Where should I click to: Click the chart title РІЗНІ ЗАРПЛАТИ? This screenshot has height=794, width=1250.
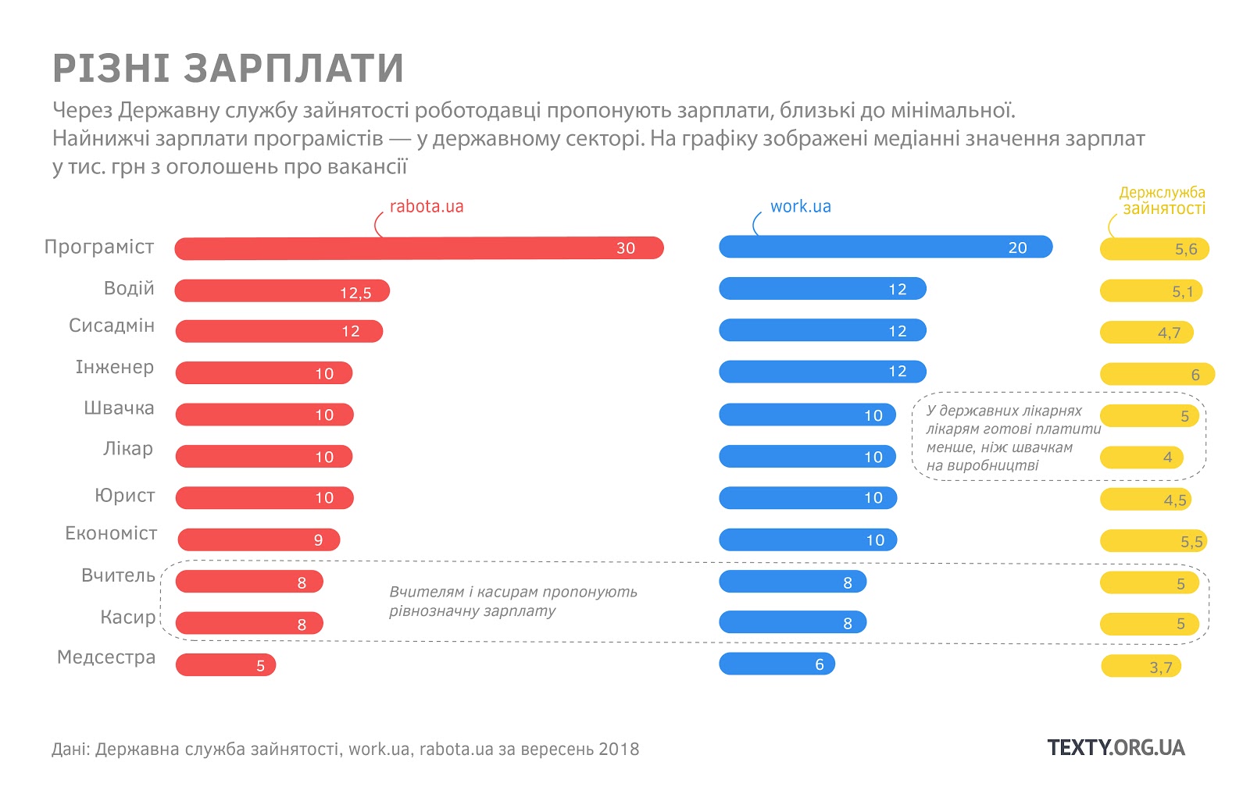point(227,69)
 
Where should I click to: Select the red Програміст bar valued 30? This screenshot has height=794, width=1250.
point(419,248)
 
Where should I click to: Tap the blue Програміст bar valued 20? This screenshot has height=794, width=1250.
point(885,247)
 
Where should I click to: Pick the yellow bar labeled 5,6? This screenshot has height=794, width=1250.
point(1154,249)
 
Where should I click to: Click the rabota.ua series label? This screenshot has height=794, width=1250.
point(426,207)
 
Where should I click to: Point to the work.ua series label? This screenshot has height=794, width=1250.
point(800,207)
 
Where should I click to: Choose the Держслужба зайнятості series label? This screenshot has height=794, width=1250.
point(1162,201)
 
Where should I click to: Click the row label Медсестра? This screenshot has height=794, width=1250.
point(106,657)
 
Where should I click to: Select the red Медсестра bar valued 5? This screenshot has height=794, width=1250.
point(226,665)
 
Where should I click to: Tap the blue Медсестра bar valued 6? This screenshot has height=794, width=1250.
point(777,664)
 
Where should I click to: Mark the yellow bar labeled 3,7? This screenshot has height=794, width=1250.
point(1141,667)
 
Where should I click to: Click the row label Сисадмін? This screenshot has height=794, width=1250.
point(112,326)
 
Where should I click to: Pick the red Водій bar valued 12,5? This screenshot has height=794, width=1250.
point(282,291)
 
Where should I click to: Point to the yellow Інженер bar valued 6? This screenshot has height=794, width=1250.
point(1157,374)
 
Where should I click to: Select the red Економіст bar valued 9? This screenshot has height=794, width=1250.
point(259,539)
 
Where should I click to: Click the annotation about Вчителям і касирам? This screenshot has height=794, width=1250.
point(512,601)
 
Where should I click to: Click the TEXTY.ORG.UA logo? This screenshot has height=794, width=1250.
point(1116,748)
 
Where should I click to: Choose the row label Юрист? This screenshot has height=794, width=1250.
point(125,496)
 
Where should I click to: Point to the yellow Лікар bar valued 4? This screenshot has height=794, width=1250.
point(1141,458)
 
